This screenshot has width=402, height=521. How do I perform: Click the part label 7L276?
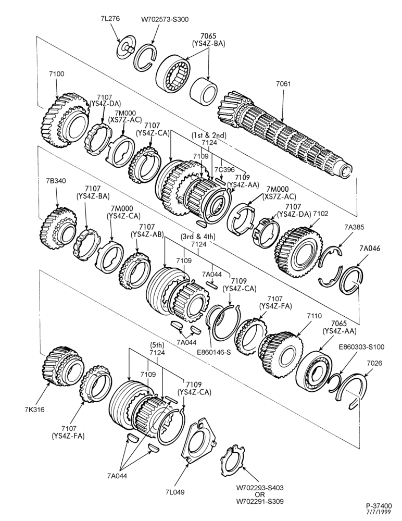pos(110,19)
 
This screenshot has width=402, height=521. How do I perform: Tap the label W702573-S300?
pos(165,19)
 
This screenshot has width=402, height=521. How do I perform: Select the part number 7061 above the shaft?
pos(283,84)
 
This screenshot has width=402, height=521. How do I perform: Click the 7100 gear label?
pos(57,74)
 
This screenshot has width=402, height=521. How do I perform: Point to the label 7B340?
pos(56,181)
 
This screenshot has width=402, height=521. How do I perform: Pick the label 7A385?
pos(354,227)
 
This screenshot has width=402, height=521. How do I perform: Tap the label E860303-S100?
pos(361,347)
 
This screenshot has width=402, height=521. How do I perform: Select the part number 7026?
pos(374,363)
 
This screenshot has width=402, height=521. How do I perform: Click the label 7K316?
pos(34,410)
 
